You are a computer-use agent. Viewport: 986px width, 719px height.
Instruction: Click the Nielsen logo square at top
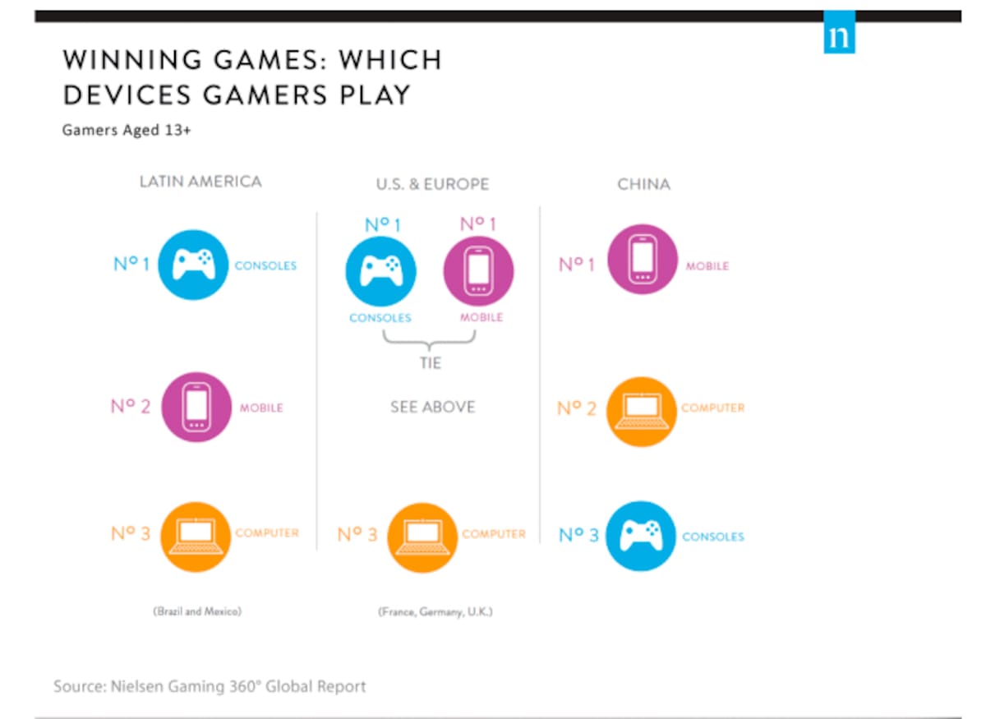coord(839,32)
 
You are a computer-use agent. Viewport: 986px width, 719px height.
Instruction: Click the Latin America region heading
coord(200,182)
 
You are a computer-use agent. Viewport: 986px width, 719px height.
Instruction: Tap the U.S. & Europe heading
coord(432,184)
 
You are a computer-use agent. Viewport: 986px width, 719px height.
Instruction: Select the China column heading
coord(643,184)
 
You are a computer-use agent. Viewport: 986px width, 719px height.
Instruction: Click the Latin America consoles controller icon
coord(193,265)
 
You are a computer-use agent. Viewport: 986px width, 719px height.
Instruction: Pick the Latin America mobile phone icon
coord(196,408)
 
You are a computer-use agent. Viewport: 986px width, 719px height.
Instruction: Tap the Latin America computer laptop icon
coord(196,537)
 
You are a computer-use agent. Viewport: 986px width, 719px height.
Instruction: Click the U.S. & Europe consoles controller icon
coord(380,271)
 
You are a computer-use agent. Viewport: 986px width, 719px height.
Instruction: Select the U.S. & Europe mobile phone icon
coord(478,271)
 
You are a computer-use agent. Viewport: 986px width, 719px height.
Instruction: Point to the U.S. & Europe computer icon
coord(422,537)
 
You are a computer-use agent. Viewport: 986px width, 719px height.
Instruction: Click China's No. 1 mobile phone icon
coord(643,260)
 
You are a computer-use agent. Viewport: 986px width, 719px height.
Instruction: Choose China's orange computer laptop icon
coord(642,412)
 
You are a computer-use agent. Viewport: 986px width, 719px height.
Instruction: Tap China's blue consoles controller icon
coord(641,536)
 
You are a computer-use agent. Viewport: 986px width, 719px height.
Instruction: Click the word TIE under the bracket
coord(430,363)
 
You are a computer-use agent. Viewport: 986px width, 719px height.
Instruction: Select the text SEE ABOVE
coord(433,407)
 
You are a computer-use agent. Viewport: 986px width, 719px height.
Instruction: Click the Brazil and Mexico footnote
coord(197,611)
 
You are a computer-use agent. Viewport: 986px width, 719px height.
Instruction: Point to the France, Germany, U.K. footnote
coord(435,612)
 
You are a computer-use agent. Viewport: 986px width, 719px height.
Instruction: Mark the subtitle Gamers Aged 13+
coord(127,131)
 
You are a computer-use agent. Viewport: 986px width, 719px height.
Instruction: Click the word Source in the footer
coord(80,686)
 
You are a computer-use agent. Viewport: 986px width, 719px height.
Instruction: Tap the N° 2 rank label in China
coord(577,408)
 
